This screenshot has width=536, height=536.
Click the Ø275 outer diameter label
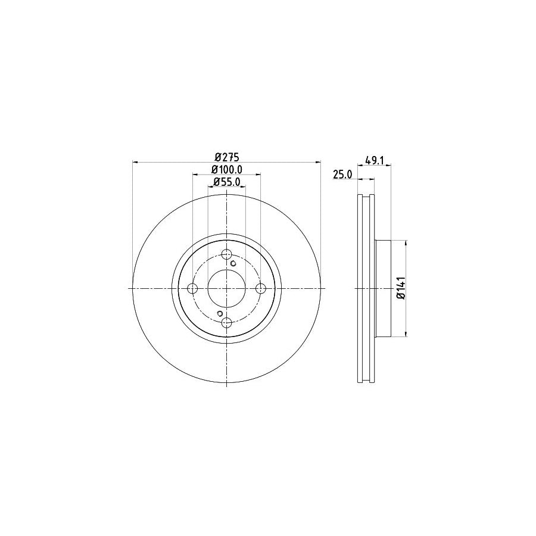click(226, 157)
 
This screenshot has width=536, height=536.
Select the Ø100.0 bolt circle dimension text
click(226, 170)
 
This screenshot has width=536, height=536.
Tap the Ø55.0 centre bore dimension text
click(226, 183)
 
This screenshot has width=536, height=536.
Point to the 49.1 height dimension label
click(373, 160)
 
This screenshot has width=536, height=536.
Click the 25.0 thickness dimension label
click(342, 174)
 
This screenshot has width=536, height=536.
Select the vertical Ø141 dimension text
click(401, 288)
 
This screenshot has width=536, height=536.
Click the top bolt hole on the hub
click(226, 254)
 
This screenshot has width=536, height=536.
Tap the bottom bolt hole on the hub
click(226, 322)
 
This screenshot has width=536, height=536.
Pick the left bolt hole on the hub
click(192, 288)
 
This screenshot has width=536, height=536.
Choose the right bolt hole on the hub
click(260, 288)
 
